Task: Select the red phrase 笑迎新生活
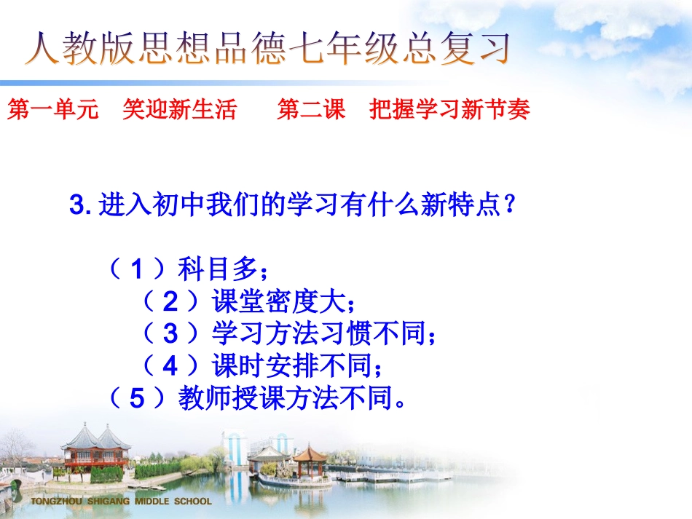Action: coord(180,110)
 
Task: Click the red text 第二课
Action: coord(311,110)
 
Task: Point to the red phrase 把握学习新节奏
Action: coord(449,110)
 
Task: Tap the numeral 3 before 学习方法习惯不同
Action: coord(170,334)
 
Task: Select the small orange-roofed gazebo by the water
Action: coord(310,461)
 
